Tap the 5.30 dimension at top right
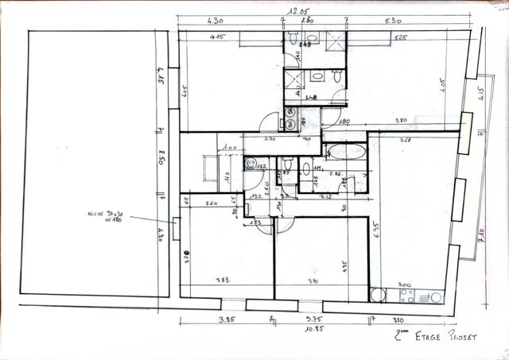[x=391, y=21]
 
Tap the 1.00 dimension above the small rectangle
[x=230, y=147]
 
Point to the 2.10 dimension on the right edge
[x=482, y=235]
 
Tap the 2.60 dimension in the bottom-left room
[x=211, y=204]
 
